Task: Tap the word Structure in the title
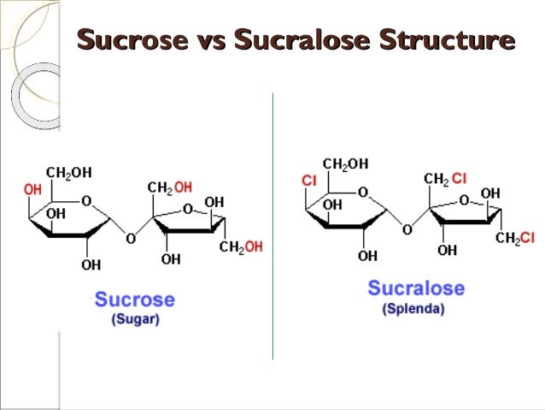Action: tap(447, 39)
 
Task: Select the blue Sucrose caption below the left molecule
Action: tap(134, 300)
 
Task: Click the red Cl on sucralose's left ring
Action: tap(309, 181)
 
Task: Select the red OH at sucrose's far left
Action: tap(32, 189)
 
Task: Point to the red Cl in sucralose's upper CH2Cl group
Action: tap(459, 178)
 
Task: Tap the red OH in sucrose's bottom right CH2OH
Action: tap(254, 247)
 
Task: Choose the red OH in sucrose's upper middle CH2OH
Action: tap(183, 187)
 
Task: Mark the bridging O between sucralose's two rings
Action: tap(407, 229)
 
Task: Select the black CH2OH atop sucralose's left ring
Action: tap(345, 163)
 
